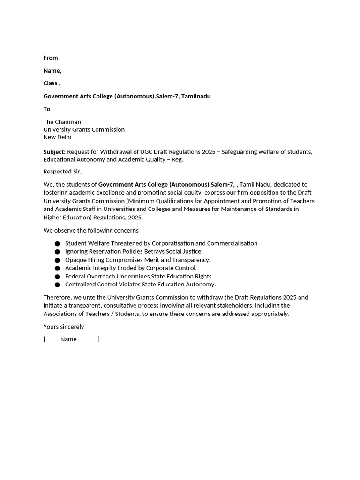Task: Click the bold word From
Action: (51, 58)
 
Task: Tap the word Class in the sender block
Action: (50, 83)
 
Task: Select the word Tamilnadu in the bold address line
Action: (196, 96)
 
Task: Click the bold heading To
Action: (47, 109)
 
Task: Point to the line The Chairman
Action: (62, 122)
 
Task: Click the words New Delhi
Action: (57, 137)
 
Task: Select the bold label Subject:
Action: (54, 152)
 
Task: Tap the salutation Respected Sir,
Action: (62, 172)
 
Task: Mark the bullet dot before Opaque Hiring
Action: (57, 260)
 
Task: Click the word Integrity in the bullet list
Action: (105, 268)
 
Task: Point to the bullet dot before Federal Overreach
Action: (57, 277)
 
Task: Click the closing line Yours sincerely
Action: (64, 327)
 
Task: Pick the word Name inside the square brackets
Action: (68, 339)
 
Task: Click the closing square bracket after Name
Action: (98, 339)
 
